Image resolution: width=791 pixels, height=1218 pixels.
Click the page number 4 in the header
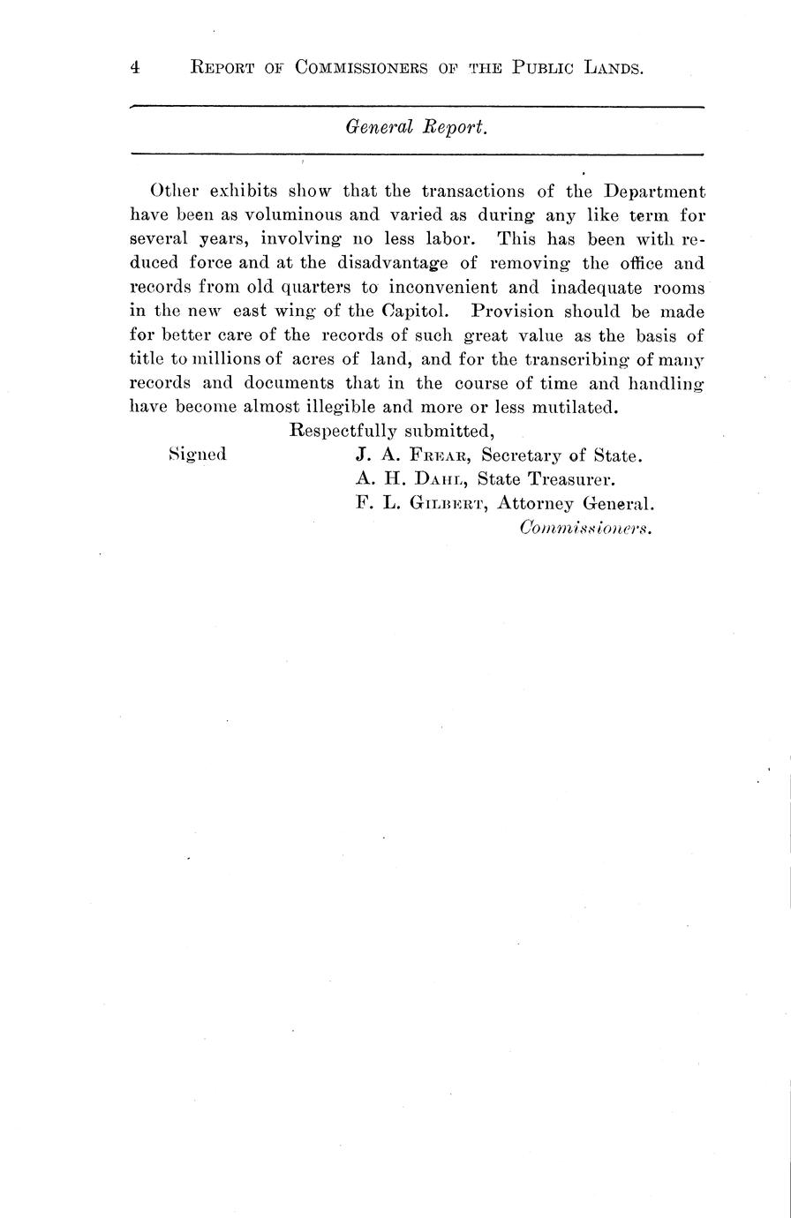tap(135, 68)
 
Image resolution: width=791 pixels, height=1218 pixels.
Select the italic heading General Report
tap(416, 127)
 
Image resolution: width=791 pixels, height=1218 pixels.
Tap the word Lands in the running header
tap(612, 68)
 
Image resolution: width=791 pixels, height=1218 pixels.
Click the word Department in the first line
tap(654, 192)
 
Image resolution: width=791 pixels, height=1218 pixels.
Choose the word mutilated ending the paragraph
tap(573, 407)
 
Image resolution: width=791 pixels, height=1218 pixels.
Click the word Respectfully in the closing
tap(342, 432)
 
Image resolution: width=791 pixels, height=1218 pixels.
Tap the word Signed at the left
tap(197, 455)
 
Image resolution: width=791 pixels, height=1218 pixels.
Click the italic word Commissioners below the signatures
tap(586, 528)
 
